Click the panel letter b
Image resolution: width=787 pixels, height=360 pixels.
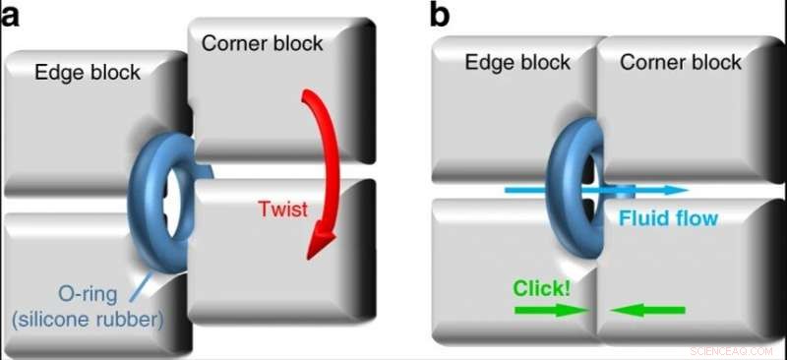pyautogui.click(x=440, y=16)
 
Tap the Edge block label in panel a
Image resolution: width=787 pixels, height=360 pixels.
pyautogui.click(x=88, y=72)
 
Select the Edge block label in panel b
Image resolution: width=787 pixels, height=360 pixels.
pyautogui.click(x=517, y=63)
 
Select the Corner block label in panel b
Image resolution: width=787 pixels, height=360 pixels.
pyautogui.click(x=682, y=63)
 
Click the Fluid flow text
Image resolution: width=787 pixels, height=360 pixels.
pyautogui.click(x=669, y=217)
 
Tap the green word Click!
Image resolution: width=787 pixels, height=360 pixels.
pyautogui.click(x=542, y=288)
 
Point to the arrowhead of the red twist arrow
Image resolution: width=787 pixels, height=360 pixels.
pyautogui.click(x=317, y=244)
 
